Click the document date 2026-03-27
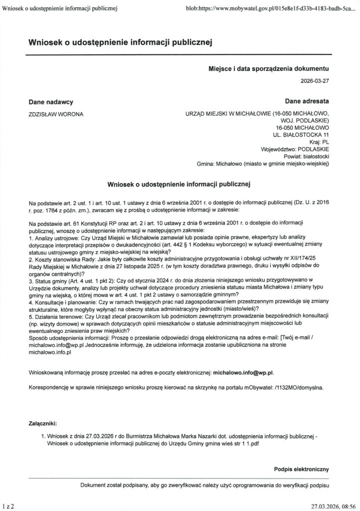[315, 80]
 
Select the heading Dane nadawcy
[51, 102]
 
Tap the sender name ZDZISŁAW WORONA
[56, 114]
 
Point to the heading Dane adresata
[307, 102]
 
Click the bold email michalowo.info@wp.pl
[243, 372]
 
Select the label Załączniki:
[46, 424]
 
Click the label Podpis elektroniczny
[301, 470]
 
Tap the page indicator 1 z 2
[8, 506]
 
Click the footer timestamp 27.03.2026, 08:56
[334, 506]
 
